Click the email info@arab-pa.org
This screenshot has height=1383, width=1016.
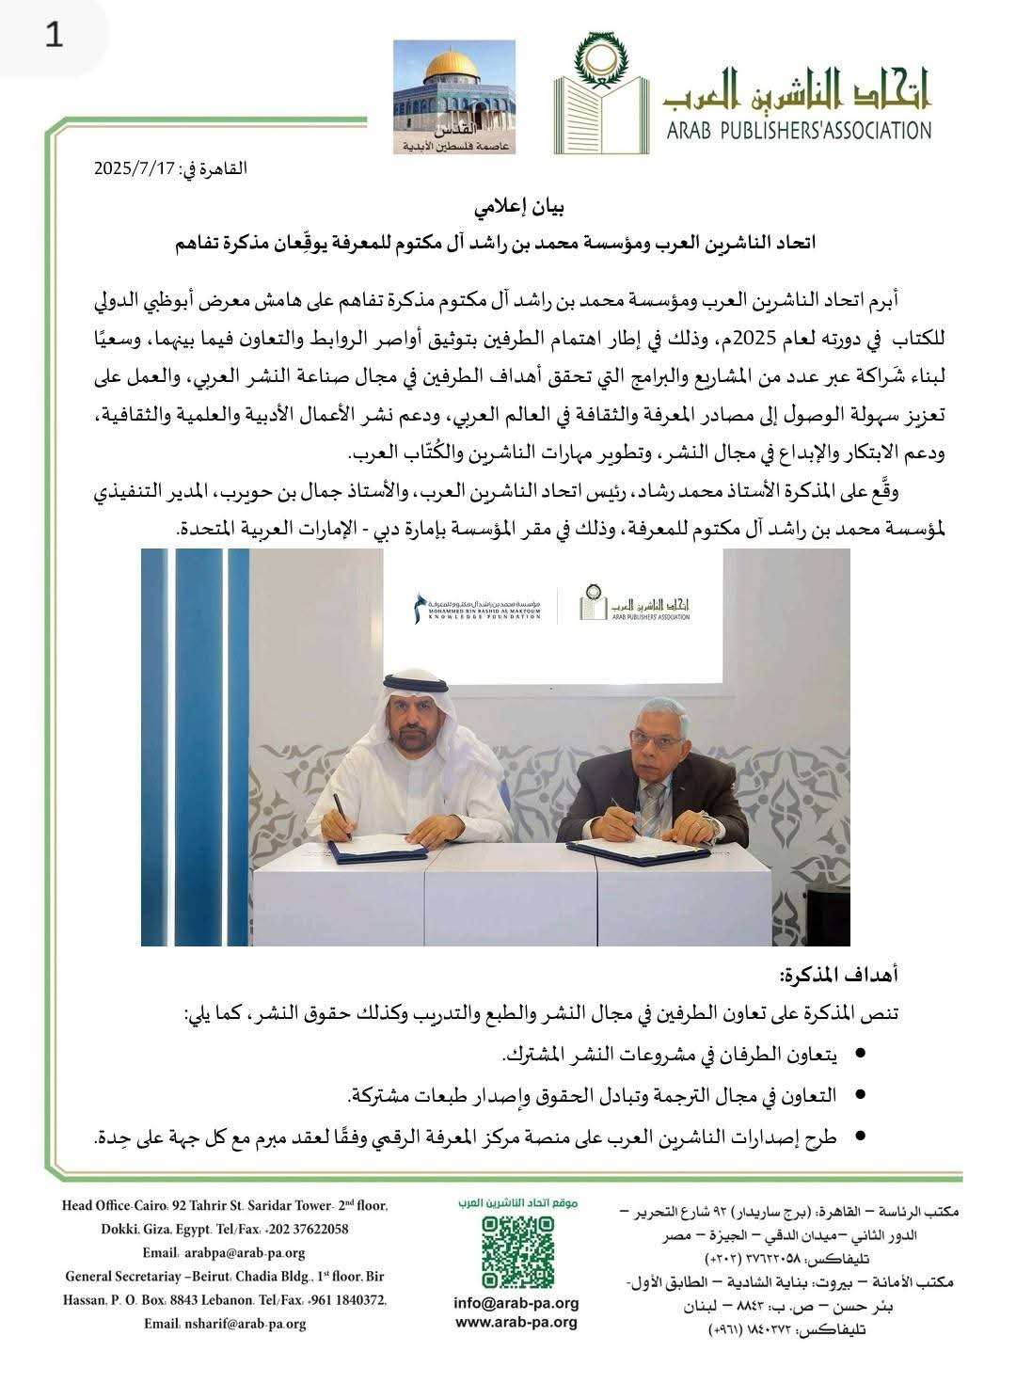pyautogui.click(x=516, y=1304)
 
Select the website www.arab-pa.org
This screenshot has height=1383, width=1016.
pyautogui.click(x=516, y=1322)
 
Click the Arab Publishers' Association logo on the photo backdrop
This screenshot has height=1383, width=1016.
pyautogui.click(x=634, y=603)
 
